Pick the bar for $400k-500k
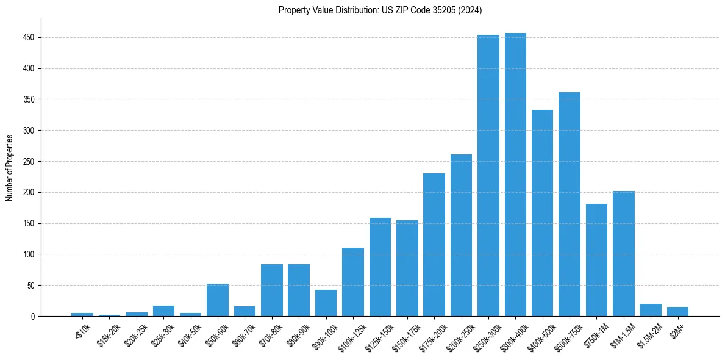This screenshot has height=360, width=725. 542,213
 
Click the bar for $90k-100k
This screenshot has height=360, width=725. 326,303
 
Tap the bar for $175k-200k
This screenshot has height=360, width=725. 434,245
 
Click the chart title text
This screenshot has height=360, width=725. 380,10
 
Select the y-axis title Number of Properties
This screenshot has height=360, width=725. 9,168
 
